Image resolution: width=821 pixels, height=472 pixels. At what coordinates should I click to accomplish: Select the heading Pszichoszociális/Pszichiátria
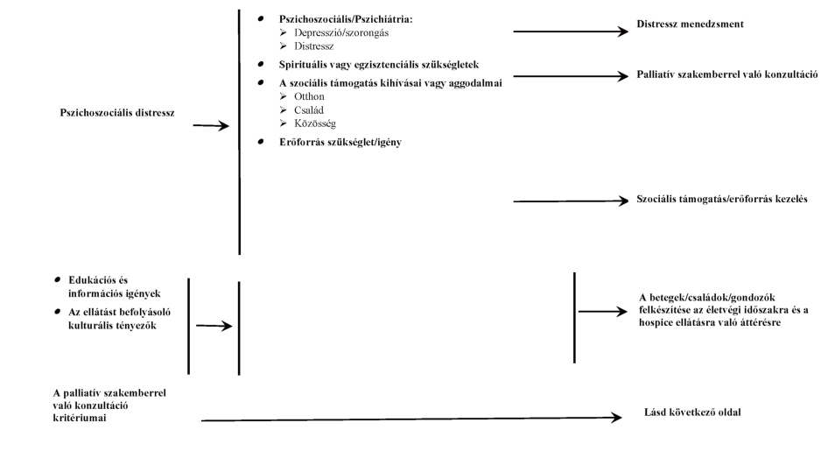coord(346,19)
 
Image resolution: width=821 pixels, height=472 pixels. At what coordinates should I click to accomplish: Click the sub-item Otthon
coord(310,96)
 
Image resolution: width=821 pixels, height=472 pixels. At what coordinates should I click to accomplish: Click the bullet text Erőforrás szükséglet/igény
coord(340,142)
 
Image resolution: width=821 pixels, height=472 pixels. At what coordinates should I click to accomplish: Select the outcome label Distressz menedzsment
coord(691,25)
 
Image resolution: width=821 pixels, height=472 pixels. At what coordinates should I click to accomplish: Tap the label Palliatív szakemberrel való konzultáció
coord(726,75)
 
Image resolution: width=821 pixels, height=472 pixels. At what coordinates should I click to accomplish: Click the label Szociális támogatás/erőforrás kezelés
coord(721,200)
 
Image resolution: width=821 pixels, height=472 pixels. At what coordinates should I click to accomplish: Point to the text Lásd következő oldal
coord(691,412)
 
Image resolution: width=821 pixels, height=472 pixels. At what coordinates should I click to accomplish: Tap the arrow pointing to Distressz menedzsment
coord(570,32)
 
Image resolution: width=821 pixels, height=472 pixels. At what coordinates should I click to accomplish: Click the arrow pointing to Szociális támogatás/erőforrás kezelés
coord(570,201)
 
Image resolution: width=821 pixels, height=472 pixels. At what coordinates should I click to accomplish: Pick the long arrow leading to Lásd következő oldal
coord(411,419)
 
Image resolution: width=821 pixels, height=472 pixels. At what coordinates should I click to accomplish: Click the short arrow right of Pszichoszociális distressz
coord(210,126)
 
